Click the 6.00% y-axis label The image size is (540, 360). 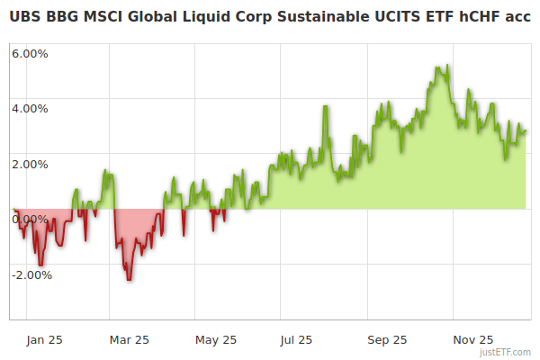pyautogui.click(x=30, y=53)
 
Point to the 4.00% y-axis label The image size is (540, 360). pyautogui.click(x=30, y=109)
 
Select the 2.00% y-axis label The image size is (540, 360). pyautogui.click(x=30, y=164)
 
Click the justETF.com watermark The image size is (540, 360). pyautogui.click(x=506, y=353)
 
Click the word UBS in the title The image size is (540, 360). pyautogui.click(x=26, y=15)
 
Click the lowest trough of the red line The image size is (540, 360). pyautogui.click(x=129, y=280)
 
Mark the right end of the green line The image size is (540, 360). pyautogui.click(x=526, y=130)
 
